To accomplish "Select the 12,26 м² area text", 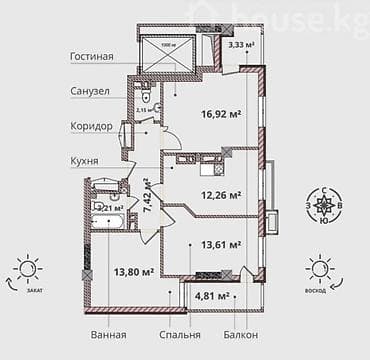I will (221, 195).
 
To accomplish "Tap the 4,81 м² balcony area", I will (211, 296).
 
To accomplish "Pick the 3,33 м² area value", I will (240, 44).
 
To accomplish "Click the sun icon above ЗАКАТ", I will (26, 268).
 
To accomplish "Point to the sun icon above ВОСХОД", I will (319, 268).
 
